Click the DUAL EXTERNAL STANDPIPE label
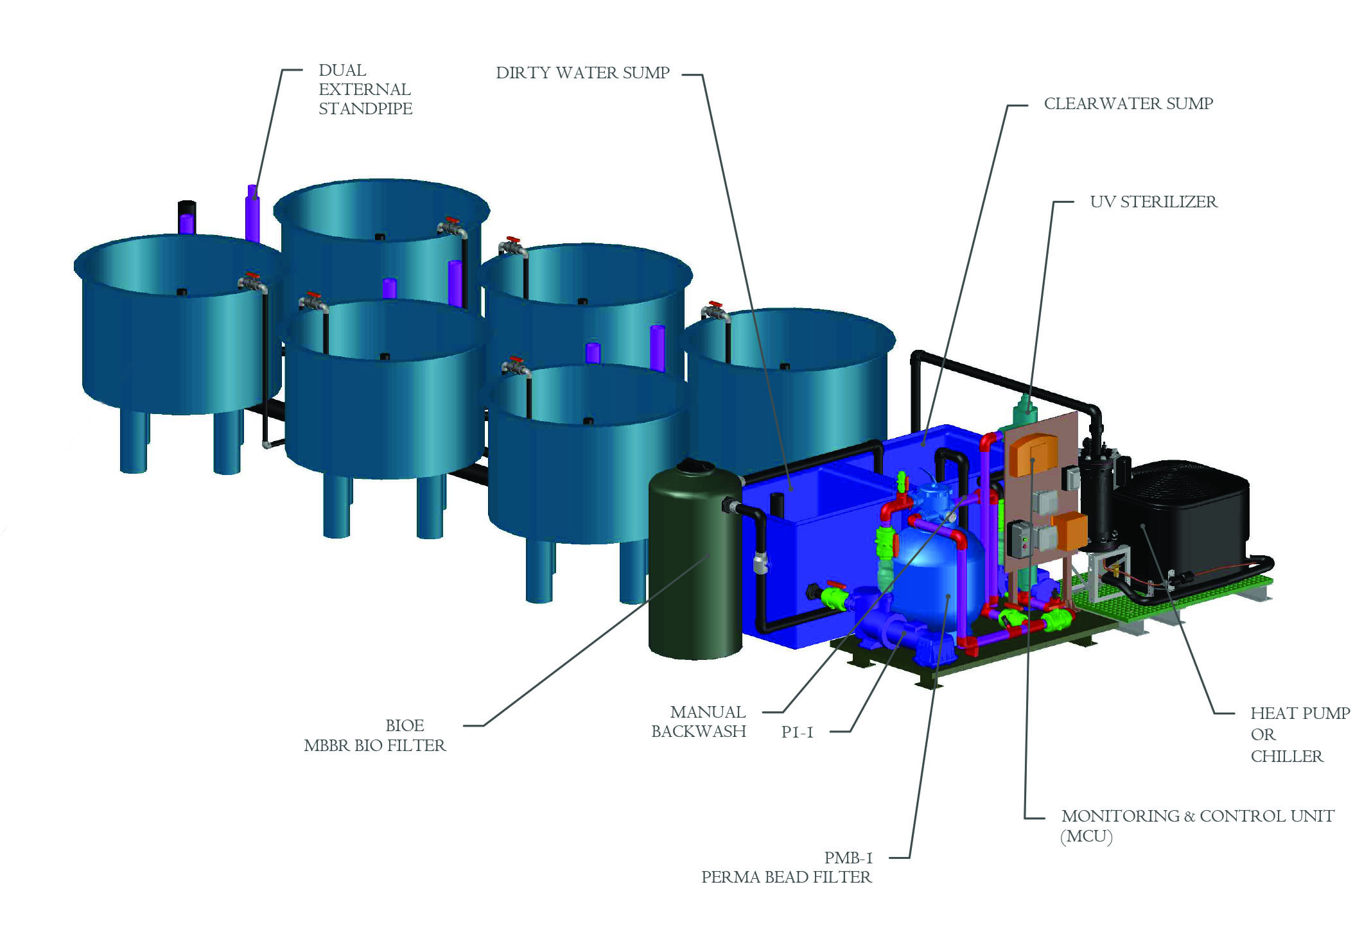[x=365, y=89]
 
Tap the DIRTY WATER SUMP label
[x=582, y=73]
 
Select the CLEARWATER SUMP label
[x=1128, y=103]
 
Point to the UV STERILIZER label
[x=1153, y=202]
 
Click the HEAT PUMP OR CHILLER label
[x=1300, y=734]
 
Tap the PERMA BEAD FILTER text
[x=786, y=877]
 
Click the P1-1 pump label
[x=797, y=732]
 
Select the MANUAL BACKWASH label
[x=699, y=722]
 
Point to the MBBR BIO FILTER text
[x=374, y=745]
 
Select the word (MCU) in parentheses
[x=1087, y=836]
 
